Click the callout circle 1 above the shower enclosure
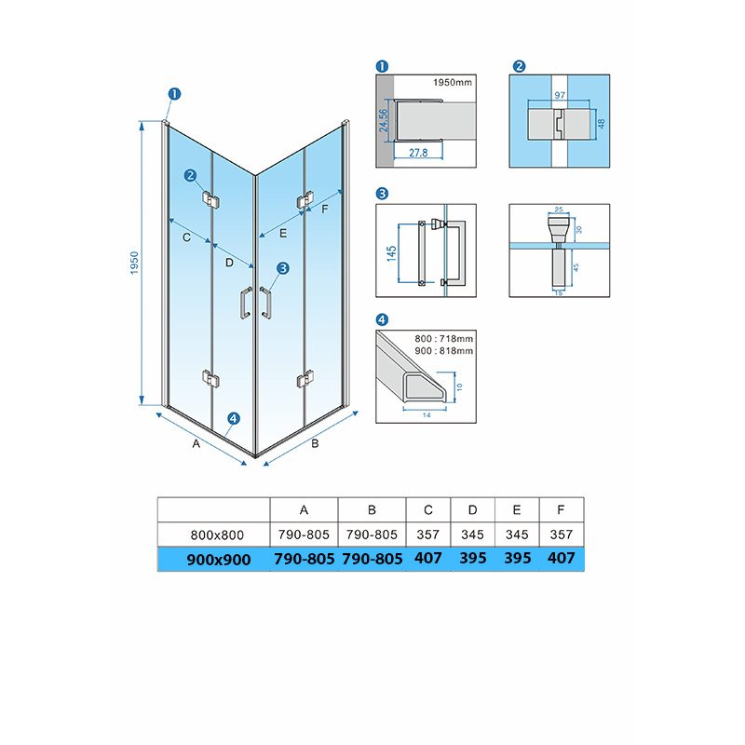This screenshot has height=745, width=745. click(174, 94)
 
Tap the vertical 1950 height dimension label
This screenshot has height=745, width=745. click(134, 263)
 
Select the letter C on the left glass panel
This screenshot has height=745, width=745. click(187, 237)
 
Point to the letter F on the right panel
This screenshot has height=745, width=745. click(325, 209)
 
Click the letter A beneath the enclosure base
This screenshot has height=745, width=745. click(196, 443)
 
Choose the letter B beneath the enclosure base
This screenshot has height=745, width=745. click(315, 443)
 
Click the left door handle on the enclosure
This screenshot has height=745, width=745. click(246, 303)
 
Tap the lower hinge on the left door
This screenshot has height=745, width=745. click(210, 379)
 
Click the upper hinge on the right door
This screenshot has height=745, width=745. click(305, 199)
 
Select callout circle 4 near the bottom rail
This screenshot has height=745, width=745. click(234, 418)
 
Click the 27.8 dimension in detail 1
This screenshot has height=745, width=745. click(418, 153)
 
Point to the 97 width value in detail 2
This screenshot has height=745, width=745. click(560, 95)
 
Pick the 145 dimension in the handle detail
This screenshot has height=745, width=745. click(391, 253)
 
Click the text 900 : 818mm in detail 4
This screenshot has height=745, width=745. click(444, 351)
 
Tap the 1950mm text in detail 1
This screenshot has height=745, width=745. click(453, 82)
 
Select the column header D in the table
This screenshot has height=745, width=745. click(472, 509)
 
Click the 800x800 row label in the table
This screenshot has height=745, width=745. click(217, 535)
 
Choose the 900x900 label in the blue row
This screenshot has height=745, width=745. click(219, 560)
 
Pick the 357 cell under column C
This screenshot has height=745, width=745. click(428, 535)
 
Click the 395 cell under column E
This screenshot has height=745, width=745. click(517, 558)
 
